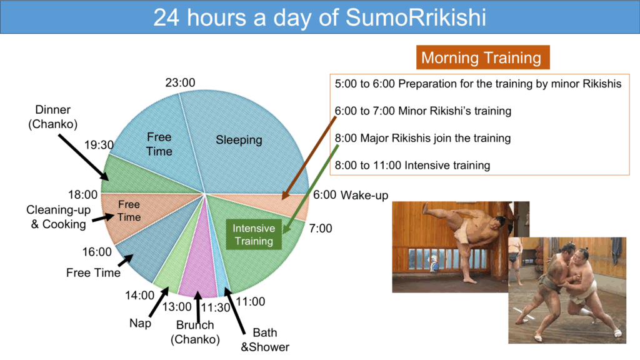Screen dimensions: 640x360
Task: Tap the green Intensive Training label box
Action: [x=254, y=235]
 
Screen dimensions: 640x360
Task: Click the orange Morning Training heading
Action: [x=483, y=57]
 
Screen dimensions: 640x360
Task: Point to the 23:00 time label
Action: [x=180, y=82]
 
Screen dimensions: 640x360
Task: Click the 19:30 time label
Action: [x=99, y=145]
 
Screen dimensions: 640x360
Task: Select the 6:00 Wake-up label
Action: [x=351, y=195]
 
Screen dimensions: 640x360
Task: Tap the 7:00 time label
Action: [x=321, y=228]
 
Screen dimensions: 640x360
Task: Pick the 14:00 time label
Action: [x=139, y=295]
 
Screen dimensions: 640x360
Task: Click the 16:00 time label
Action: [x=97, y=252]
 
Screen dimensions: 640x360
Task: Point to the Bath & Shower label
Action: [x=265, y=339]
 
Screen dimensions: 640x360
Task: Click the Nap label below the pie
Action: [x=141, y=323]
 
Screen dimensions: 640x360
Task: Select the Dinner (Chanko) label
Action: [x=53, y=117]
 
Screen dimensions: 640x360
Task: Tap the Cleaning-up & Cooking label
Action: [x=58, y=217]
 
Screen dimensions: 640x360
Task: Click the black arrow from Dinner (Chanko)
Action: [x=83, y=157]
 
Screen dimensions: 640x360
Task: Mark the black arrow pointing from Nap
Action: [x=159, y=302]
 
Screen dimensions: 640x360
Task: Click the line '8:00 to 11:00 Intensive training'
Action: [x=412, y=165]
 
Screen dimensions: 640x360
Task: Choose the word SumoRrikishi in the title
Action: [x=416, y=17]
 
